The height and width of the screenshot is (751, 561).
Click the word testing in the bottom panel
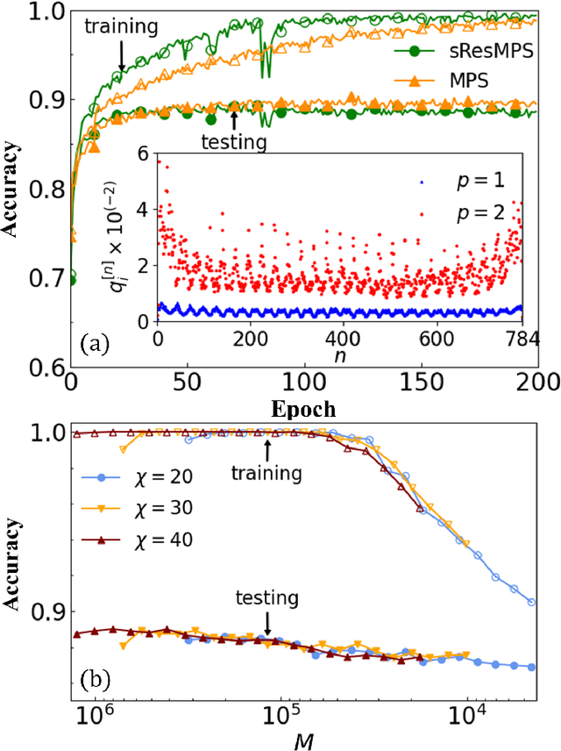[266, 599]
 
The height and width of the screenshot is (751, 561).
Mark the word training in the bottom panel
[266, 474]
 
